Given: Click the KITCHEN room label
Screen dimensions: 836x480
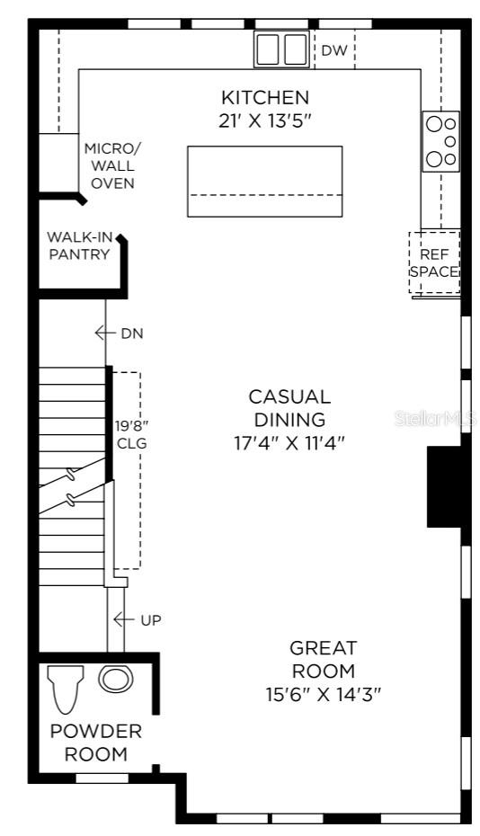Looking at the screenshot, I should [x=265, y=97].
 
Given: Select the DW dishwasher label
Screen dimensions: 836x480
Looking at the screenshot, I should [x=333, y=51].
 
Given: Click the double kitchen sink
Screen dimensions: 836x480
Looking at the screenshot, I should [x=281, y=49].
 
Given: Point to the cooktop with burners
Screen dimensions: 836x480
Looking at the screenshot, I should [x=440, y=141].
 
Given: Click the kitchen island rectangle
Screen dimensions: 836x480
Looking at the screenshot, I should [x=264, y=181].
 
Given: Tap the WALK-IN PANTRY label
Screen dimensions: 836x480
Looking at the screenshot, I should [x=79, y=245].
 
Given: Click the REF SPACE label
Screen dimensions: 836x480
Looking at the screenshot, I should [x=434, y=262].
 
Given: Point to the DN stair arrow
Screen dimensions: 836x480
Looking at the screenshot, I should [x=105, y=334].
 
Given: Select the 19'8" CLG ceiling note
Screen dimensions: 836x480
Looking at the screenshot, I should [x=131, y=434].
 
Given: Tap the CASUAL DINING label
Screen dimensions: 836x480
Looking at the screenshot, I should [x=289, y=407].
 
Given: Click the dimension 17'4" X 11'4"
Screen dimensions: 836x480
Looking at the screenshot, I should [x=289, y=442].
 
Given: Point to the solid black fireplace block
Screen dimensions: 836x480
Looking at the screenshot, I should [x=443, y=486].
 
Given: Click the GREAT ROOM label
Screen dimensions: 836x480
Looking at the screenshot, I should [x=323, y=659].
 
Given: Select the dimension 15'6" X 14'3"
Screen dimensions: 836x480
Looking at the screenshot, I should [x=323, y=693].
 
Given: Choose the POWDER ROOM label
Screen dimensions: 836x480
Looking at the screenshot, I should [x=95, y=743].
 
